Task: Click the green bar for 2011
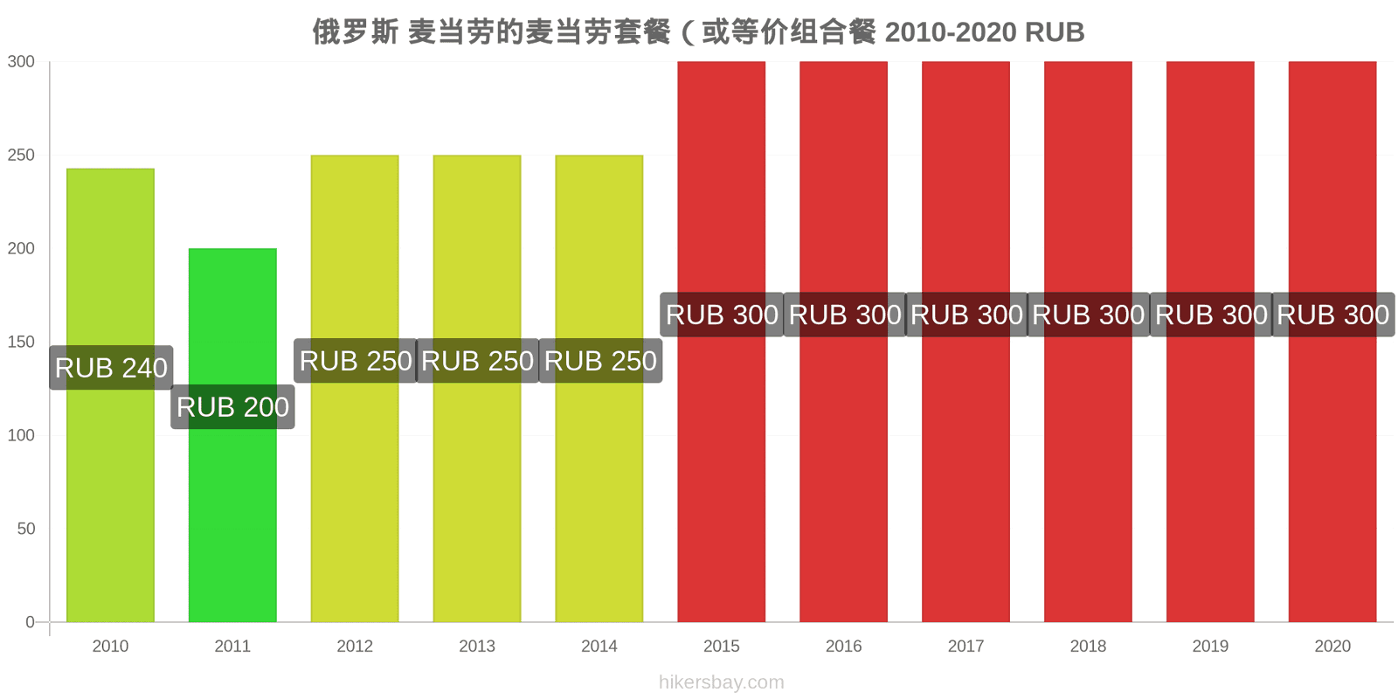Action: (232, 435)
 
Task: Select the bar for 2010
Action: (110, 395)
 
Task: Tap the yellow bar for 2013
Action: (477, 388)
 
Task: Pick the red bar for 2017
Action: (965, 342)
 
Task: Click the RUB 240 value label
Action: (111, 368)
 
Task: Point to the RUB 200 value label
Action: (232, 407)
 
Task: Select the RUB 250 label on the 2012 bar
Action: (356, 361)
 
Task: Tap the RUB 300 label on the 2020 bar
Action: (1333, 315)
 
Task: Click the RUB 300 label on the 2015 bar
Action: (722, 315)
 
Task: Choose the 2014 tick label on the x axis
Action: (599, 646)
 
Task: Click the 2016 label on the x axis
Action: (844, 646)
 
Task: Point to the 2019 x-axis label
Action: (1210, 646)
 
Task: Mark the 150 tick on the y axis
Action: (21, 342)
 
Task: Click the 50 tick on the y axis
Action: (26, 529)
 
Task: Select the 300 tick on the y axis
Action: (21, 61)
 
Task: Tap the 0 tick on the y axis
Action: (30, 622)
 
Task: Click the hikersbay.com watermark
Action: (722, 682)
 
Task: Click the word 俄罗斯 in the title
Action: (355, 31)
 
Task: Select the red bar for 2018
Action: (1088, 342)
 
